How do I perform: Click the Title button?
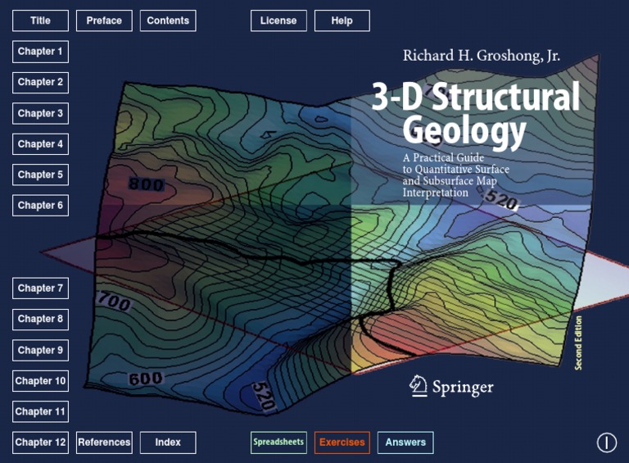[40, 20]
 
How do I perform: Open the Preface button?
[104, 20]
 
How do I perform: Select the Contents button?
[168, 20]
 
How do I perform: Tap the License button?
[278, 20]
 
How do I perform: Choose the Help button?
[342, 20]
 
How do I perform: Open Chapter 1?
[40, 52]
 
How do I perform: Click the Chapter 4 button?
[40, 144]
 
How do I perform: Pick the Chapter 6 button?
[40, 206]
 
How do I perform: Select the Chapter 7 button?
[40, 288]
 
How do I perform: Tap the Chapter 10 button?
[40, 381]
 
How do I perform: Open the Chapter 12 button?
[40, 443]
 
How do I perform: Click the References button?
[104, 443]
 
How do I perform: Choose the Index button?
[168, 443]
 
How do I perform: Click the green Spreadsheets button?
[278, 443]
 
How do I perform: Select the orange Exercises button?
[342, 443]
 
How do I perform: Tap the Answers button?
[405, 443]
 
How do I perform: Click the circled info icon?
[606, 443]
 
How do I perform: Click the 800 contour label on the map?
[146, 185]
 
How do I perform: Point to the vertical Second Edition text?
[578, 343]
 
